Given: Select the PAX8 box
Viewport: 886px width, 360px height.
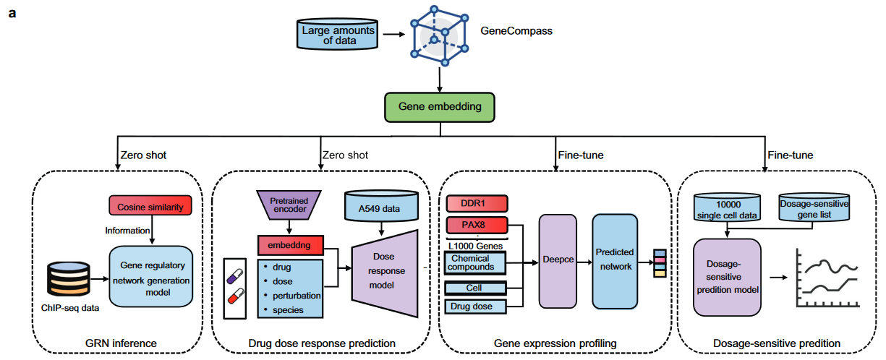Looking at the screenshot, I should [x=476, y=224].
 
